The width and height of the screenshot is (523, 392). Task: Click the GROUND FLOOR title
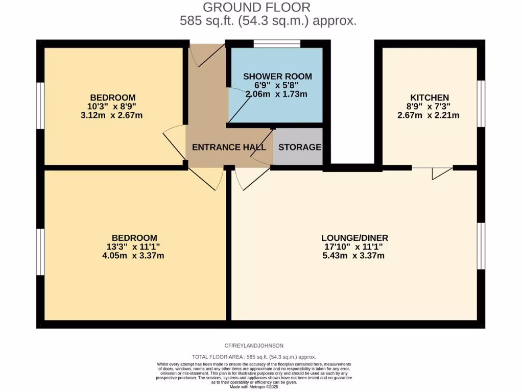256,7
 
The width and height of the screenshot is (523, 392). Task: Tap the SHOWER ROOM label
277,77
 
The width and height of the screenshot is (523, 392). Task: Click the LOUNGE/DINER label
354,238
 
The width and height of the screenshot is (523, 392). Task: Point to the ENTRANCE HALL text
229,148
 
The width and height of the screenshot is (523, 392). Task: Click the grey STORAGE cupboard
299,147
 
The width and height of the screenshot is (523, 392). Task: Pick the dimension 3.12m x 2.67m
113,115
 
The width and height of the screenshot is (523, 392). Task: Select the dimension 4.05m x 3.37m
134,256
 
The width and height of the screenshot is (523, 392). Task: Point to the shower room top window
277,44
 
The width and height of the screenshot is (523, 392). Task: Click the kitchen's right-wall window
481,103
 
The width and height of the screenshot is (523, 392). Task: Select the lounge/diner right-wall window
481,246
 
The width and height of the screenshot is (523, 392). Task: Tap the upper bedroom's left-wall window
40,106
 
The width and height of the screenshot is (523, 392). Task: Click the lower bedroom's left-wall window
40,252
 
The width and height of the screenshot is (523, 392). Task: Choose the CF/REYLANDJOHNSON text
253,346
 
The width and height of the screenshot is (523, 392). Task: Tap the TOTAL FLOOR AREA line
253,357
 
